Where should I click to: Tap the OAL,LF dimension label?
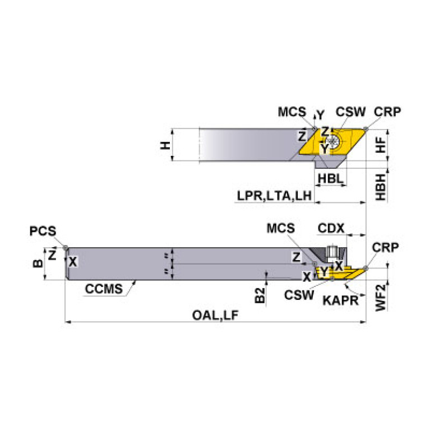(215, 315)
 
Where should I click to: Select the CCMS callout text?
(103, 289)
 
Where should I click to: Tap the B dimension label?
(38, 262)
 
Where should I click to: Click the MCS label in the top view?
(292, 112)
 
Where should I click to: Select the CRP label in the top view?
(387, 112)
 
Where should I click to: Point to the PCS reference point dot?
(66, 247)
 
